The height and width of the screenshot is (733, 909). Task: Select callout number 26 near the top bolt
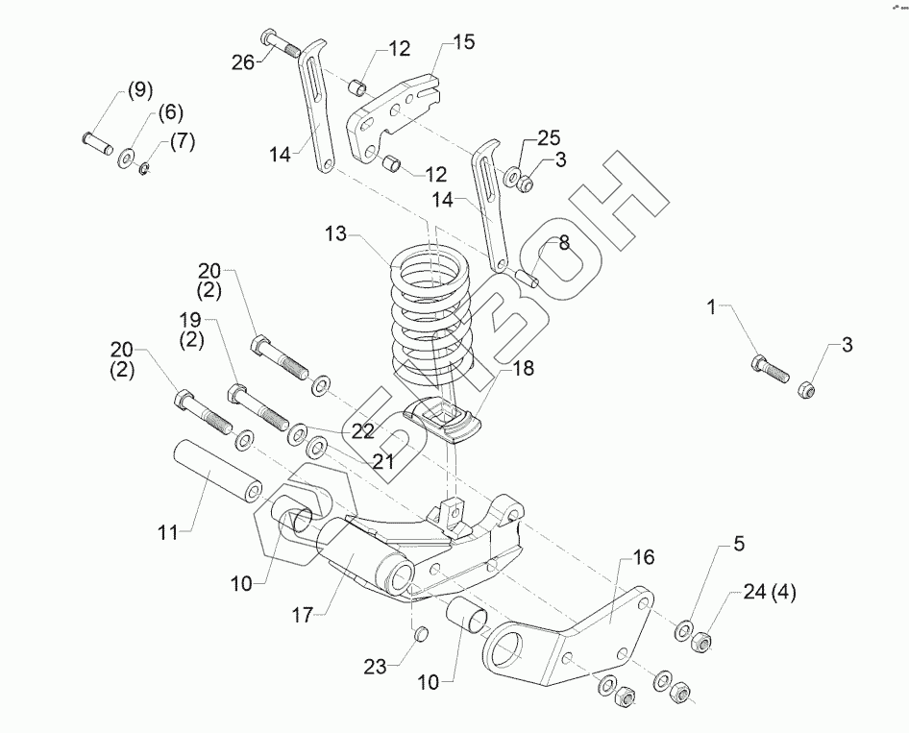[x=243, y=63]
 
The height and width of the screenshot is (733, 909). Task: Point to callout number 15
[x=463, y=43]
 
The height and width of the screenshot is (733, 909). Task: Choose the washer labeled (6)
[x=127, y=156]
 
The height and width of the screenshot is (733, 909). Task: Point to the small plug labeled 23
[x=419, y=633]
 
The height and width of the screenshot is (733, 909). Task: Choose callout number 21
[x=383, y=461]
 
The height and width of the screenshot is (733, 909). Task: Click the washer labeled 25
[x=513, y=177]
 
